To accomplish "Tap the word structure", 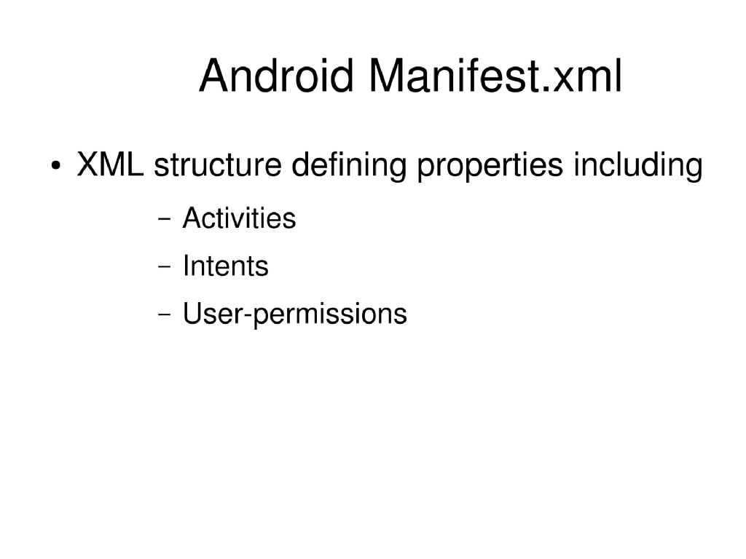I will pos(217,165).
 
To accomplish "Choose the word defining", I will pos(349,167).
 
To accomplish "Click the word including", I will pos(637,167).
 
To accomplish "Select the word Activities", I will pos(239,218).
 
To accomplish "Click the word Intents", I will pos(225,266).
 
